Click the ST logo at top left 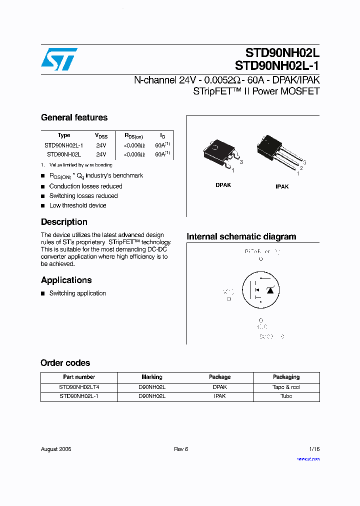59,59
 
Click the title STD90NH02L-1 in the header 277,65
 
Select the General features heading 74,117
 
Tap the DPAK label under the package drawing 223,185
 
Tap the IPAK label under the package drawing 282,186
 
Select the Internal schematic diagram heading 241,236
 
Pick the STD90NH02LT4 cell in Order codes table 79,387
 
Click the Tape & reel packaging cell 286,387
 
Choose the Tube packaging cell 286,396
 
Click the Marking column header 151,377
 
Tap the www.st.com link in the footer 308,459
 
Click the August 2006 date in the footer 56,449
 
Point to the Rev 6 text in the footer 180,449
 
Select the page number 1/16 313,449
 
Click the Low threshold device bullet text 77,205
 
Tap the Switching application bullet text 77,293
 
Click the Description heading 64,222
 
